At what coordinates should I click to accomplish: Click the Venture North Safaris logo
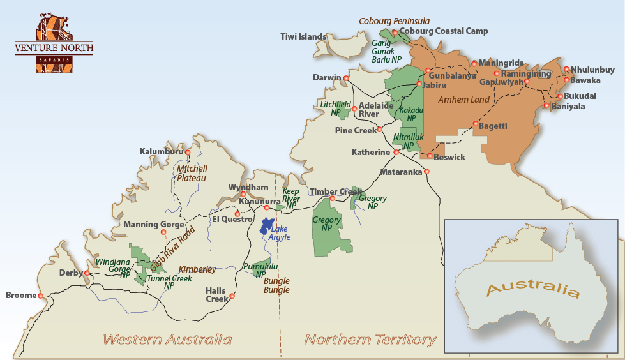[x=54, y=41]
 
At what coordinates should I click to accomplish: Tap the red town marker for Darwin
[x=346, y=79]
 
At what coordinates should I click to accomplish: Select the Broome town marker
[x=41, y=296]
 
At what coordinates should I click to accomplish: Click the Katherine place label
[x=371, y=153]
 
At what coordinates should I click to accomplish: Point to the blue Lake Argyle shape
[x=265, y=227]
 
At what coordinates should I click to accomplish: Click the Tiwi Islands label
[x=303, y=37]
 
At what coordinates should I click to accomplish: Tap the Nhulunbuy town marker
[x=566, y=69]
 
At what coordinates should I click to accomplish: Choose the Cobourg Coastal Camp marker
[x=395, y=32]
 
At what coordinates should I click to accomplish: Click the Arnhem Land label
[x=464, y=100]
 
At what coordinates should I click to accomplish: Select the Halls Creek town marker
[x=232, y=296]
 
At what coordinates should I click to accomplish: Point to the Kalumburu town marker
[x=187, y=152]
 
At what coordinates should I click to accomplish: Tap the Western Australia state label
[x=168, y=339]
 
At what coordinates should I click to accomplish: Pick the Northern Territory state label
[x=370, y=339]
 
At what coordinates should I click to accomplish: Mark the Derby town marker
[x=87, y=273]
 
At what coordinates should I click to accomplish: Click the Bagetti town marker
[x=475, y=124]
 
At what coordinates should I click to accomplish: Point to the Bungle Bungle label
[x=276, y=285]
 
